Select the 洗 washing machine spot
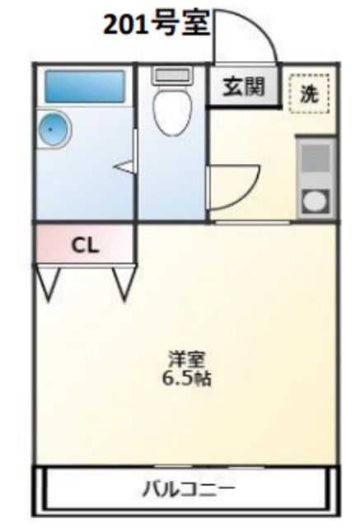[309, 92]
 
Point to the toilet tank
[171, 75]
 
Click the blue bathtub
[84, 86]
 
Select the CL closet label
[84, 245]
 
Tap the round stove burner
[316, 200]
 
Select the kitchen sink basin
[316, 159]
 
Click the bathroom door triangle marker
[125, 167]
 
